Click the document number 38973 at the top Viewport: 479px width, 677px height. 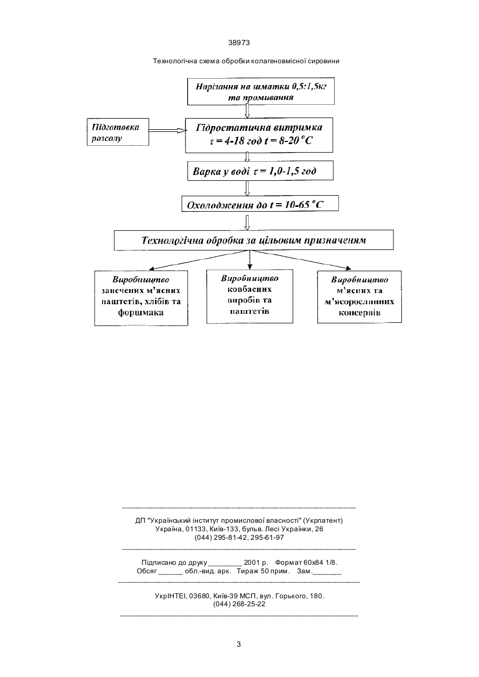point(239,43)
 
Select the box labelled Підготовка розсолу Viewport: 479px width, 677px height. point(118,132)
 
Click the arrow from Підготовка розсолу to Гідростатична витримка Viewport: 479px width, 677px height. point(167,131)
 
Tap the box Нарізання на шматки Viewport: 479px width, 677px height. point(261,91)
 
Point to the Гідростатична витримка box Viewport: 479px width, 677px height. point(259,135)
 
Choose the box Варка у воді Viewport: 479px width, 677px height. point(260,171)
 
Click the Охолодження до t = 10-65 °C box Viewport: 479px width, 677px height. point(260,203)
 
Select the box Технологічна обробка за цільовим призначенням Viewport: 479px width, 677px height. point(254,240)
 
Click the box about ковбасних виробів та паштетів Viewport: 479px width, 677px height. point(250,296)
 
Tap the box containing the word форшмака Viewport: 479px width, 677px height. point(141,298)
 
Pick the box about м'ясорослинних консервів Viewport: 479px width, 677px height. point(359,297)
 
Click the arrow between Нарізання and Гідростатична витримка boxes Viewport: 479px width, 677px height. point(247,111)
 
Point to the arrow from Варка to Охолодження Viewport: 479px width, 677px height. point(247,188)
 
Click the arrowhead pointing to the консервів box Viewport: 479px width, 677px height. point(349,268)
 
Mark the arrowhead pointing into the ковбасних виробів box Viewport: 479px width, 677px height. point(250,266)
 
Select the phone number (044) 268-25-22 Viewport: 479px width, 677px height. point(239,604)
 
